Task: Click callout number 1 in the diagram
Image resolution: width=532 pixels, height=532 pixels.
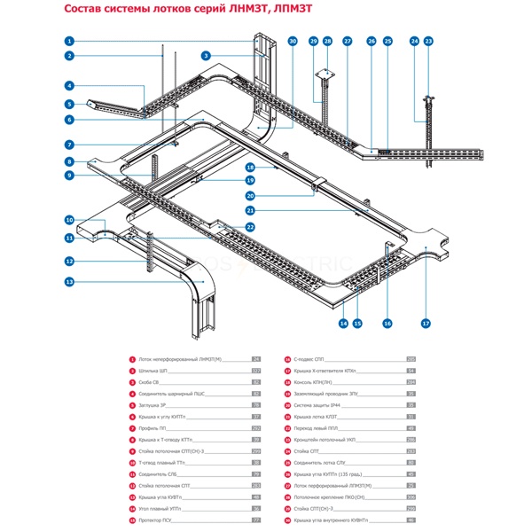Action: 68,42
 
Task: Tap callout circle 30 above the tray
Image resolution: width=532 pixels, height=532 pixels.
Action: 293,42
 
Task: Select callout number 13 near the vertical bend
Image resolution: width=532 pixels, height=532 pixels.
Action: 68,282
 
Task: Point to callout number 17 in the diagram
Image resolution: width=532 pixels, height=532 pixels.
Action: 426,324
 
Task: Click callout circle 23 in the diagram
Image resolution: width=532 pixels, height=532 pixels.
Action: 429,42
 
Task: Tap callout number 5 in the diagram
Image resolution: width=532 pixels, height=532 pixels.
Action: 68,105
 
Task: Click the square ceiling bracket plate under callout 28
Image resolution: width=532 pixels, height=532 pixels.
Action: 325,74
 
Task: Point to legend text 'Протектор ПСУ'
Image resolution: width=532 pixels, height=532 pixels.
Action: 158,520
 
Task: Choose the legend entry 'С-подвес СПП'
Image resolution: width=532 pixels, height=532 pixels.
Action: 310,358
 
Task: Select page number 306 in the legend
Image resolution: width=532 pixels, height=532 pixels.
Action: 411,497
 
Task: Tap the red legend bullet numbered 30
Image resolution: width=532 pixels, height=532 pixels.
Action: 287,520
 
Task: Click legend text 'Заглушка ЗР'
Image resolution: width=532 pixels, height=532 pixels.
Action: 153,404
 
